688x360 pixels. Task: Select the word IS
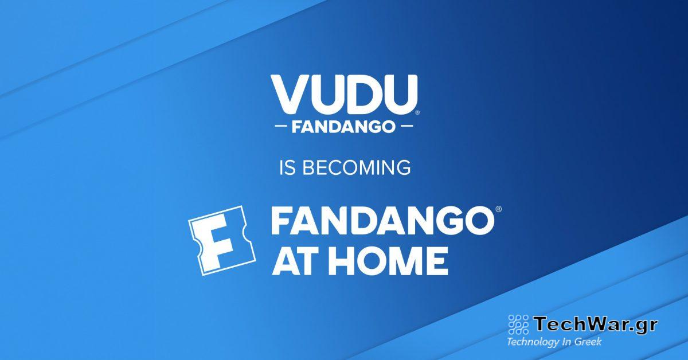285,168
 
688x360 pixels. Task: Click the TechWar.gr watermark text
596,324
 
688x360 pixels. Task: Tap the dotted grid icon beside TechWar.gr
518,325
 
